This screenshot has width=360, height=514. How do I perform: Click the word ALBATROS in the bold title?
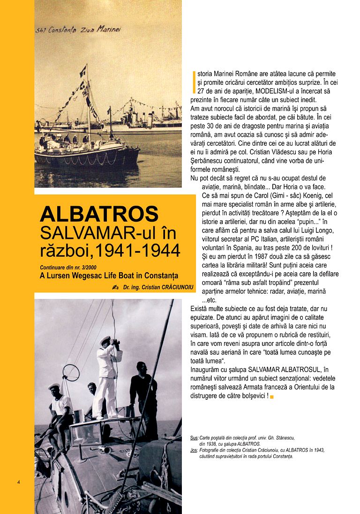[99, 214]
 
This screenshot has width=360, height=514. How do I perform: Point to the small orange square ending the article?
[272, 397]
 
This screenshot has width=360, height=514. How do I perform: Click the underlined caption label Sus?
[194, 438]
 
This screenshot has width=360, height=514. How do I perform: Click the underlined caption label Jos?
[194, 450]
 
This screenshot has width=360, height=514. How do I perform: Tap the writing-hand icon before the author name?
[115, 286]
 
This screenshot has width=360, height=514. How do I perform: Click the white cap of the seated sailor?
[54, 387]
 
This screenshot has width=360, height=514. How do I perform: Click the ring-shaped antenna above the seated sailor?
[71, 372]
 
